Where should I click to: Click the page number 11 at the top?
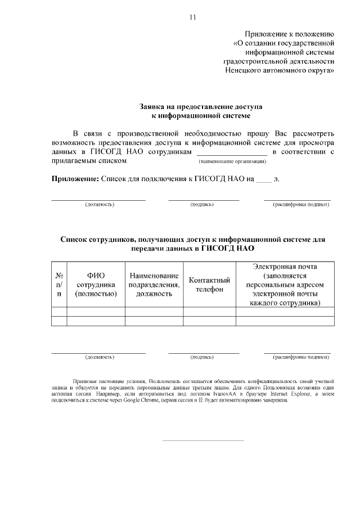(x=192, y=17)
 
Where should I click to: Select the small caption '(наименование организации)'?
(x=232, y=162)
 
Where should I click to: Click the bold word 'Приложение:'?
(x=75, y=179)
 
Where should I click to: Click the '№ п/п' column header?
(x=59, y=284)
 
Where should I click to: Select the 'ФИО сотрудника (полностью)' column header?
(x=96, y=284)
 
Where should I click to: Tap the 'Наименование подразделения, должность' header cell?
(x=154, y=284)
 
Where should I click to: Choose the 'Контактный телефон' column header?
(x=209, y=284)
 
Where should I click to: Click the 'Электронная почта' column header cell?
(x=285, y=284)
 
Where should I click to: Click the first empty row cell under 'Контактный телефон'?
(x=209, y=312)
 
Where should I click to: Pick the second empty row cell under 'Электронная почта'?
(x=285, y=321)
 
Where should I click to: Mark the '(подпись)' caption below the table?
(x=202, y=357)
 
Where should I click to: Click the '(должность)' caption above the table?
(x=100, y=204)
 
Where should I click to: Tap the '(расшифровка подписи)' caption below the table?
(x=301, y=357)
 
